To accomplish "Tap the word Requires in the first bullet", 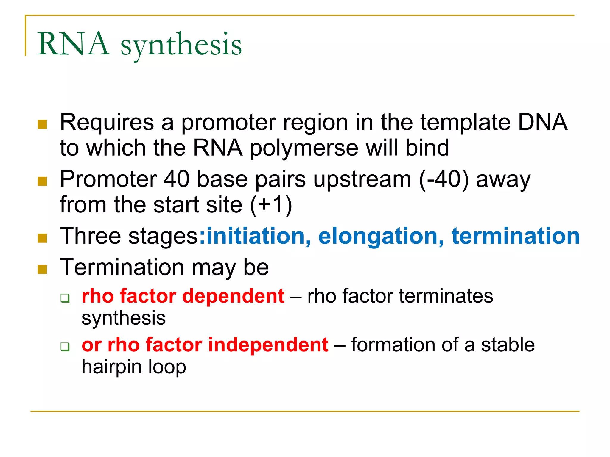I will (x=107, y=122).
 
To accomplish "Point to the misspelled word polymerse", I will (x=304, y=148).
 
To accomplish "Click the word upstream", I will (x=362, y=180).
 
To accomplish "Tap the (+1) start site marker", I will (x=271, y=205).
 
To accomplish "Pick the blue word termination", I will (x=516, y=236).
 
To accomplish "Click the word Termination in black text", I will (x=122, y=267).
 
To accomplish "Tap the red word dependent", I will (x=233, y=296).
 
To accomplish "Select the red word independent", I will (x=268, y=345).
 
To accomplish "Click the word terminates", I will (x=446, y=296).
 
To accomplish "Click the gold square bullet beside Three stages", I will (x=43, y=238).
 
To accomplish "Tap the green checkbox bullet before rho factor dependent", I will (x=65, y=298).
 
